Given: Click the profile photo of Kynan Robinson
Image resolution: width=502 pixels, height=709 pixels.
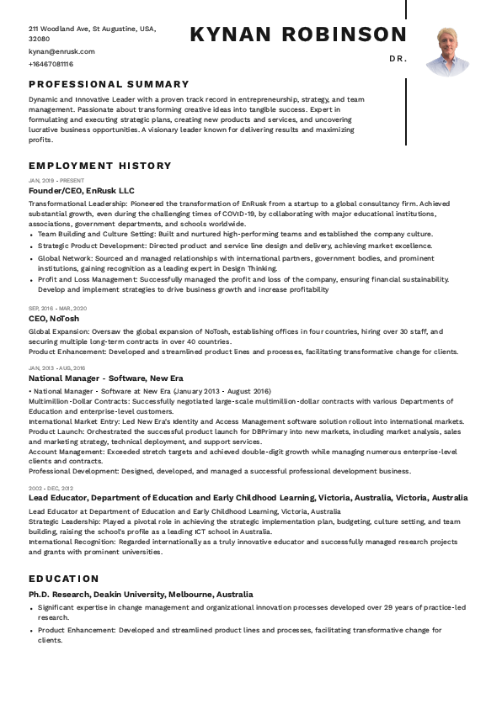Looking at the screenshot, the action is (447, 52).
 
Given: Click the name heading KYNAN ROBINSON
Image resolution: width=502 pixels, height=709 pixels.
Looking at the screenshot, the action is (298, 34).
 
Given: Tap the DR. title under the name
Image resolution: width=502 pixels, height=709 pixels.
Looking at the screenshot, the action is (398, 59).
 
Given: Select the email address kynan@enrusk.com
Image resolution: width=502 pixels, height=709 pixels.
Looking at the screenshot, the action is (61, 51).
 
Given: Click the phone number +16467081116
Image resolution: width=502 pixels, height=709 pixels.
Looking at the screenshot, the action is (51, 64).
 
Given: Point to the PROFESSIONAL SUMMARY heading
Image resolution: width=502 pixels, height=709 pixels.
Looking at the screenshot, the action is (109, 84).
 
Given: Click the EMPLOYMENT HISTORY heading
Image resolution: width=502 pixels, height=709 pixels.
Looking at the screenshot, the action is (99, 166).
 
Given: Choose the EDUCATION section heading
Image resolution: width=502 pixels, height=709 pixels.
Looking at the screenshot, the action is (64, 579).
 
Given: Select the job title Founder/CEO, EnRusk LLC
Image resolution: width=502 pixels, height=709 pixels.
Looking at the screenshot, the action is (81, 191).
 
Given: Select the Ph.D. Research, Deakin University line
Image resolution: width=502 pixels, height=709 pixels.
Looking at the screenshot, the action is (141, 594).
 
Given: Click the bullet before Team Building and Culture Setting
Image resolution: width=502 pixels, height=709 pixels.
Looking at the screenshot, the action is (32, 235).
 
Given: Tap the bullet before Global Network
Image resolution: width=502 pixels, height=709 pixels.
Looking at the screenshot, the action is (32, 258).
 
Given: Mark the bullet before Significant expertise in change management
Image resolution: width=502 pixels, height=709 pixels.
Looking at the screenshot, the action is (32, 607).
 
